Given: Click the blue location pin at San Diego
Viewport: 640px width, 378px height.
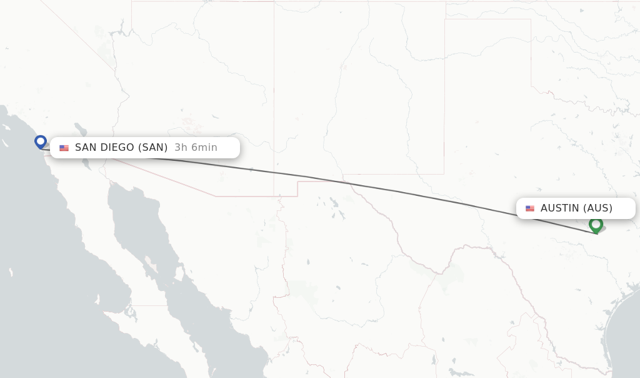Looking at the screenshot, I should tap(41, 141).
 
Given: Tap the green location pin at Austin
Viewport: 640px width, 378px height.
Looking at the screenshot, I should tap(596, 223).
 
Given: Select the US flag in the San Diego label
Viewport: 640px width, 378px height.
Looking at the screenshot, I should tap(64, 148).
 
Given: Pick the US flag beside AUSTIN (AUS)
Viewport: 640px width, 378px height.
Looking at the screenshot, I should tap(530, 208).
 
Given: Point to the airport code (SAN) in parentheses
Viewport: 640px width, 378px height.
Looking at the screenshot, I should tap(153, 148).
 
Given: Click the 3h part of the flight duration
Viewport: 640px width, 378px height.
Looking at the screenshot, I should tap(181, 148).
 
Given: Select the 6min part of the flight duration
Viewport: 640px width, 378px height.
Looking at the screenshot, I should tap(204, 148).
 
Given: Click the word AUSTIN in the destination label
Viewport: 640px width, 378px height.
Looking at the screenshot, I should tap(560, 208).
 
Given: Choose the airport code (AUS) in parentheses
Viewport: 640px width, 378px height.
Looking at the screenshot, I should tap(597, 208).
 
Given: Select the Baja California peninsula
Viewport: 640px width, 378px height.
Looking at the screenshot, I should tap(125, 238).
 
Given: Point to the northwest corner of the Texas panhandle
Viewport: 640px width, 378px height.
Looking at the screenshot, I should tap(445, 19).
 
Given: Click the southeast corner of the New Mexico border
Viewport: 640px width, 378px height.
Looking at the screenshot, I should tap(444, 174).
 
